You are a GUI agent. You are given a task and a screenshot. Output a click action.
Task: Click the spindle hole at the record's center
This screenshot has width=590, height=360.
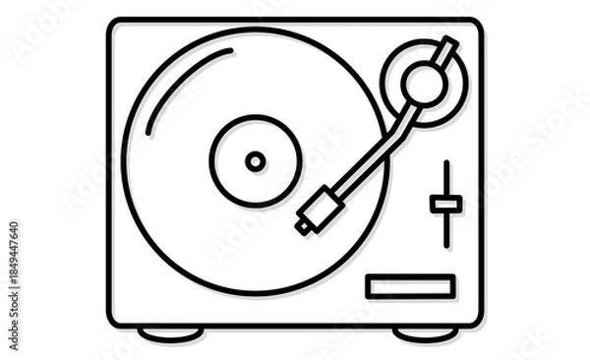[256, 161]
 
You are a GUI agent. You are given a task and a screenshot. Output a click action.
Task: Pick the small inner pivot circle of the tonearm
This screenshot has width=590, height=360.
[424, 83]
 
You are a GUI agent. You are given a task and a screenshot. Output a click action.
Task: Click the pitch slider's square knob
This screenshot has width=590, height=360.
[445, 204]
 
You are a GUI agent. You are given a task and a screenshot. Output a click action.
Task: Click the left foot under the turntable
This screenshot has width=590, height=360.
[170, 334]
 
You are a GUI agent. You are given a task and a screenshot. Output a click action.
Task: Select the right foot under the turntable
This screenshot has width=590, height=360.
[426, 334]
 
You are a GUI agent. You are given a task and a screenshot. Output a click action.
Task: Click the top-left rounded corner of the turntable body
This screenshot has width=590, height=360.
[113, 24]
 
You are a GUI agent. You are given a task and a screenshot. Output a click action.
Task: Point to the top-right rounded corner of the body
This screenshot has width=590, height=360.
[477, 24]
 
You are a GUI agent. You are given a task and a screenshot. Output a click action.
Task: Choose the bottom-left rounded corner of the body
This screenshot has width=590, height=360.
[113, 321]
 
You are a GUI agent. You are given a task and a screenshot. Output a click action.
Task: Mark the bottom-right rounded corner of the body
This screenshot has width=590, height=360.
[477, 321]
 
